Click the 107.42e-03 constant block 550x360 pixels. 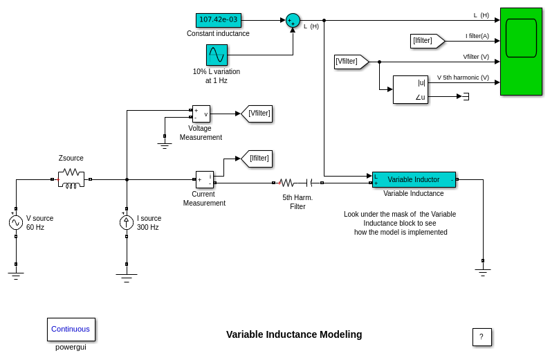click(218, 20)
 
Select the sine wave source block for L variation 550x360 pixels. click(217, 55)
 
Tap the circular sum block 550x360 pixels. click(293, 21)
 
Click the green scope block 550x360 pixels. click(521, 51)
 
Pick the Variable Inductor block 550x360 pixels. click(414, 179)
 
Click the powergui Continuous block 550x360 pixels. click(71, 329)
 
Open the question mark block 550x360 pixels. click(482, 337)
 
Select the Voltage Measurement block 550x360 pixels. click(201, 114)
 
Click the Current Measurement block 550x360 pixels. click(205, 179)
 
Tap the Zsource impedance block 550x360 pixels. click(71, 179)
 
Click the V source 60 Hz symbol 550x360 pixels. click(16, 222)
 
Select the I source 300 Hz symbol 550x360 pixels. click(127, 222)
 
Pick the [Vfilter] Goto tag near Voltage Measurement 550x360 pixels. click(257, 114)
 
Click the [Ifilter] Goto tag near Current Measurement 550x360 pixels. click(257, 159)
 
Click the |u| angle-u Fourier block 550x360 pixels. click(410, 89)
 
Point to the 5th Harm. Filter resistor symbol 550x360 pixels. click(286, 183)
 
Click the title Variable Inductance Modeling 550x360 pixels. click(294, 334)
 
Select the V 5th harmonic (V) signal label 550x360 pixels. click(463, 78)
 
